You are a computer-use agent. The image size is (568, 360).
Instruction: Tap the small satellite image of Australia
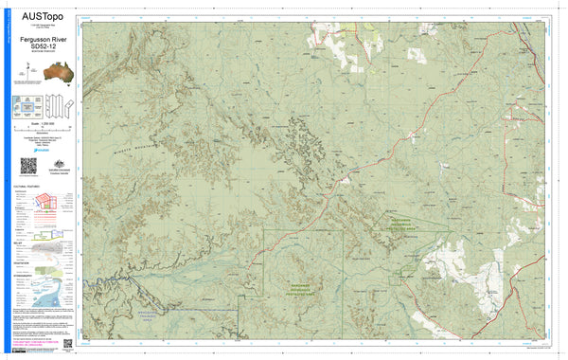(41, 73)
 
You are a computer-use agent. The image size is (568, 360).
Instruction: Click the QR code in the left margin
(27, 165)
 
